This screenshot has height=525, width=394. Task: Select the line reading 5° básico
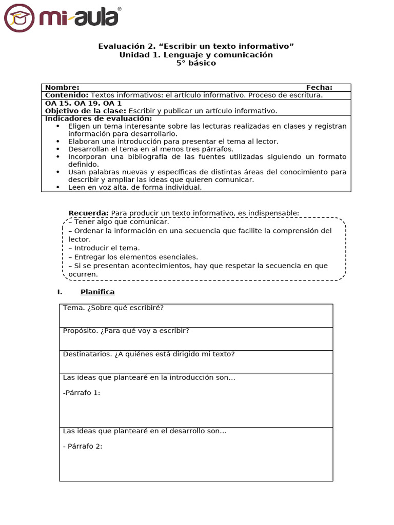(196, 63)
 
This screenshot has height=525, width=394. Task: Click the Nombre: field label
(62, 88)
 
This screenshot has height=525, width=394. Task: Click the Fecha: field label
(319, 88)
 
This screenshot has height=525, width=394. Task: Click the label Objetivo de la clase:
(85, 111)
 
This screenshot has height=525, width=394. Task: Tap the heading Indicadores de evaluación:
(98, 118)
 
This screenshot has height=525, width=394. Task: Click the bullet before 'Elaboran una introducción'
(58, 142)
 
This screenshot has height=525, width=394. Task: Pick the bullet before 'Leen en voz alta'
(58, 188)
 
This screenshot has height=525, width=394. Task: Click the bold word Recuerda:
(88, 213)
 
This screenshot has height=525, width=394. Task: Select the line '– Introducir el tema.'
(104, 248)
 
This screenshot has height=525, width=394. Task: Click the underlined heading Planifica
(97, 292)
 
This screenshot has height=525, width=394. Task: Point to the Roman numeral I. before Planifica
(60, 292)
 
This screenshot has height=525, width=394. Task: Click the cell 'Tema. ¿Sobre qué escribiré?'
(113, 308)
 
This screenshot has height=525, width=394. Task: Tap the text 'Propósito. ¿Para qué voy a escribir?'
(126, 331)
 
